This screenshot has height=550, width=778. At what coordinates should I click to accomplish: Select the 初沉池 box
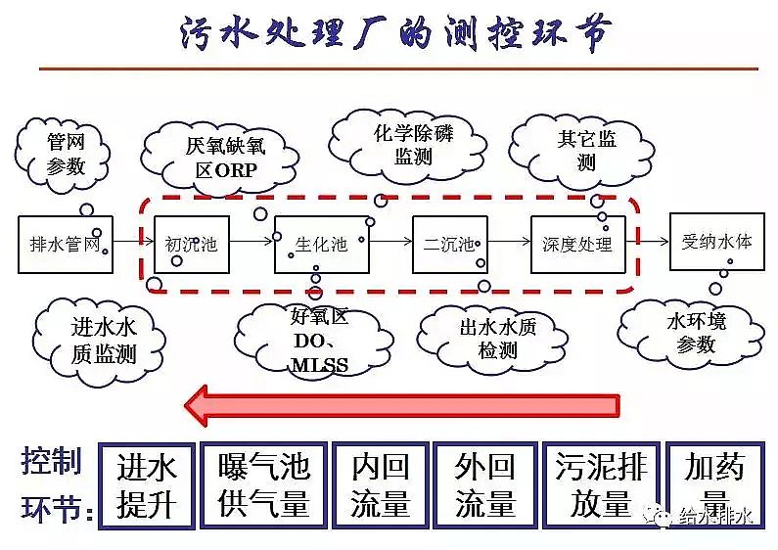(x=191, y=243)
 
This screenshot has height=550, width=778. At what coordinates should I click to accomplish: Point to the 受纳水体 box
(x=716, y=241)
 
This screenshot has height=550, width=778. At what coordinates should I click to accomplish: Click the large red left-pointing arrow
(x=402, y=404)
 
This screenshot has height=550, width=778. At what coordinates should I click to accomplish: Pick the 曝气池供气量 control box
(x=263, y=485)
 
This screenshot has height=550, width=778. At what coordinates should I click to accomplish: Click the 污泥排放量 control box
(x=601, y=485)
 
